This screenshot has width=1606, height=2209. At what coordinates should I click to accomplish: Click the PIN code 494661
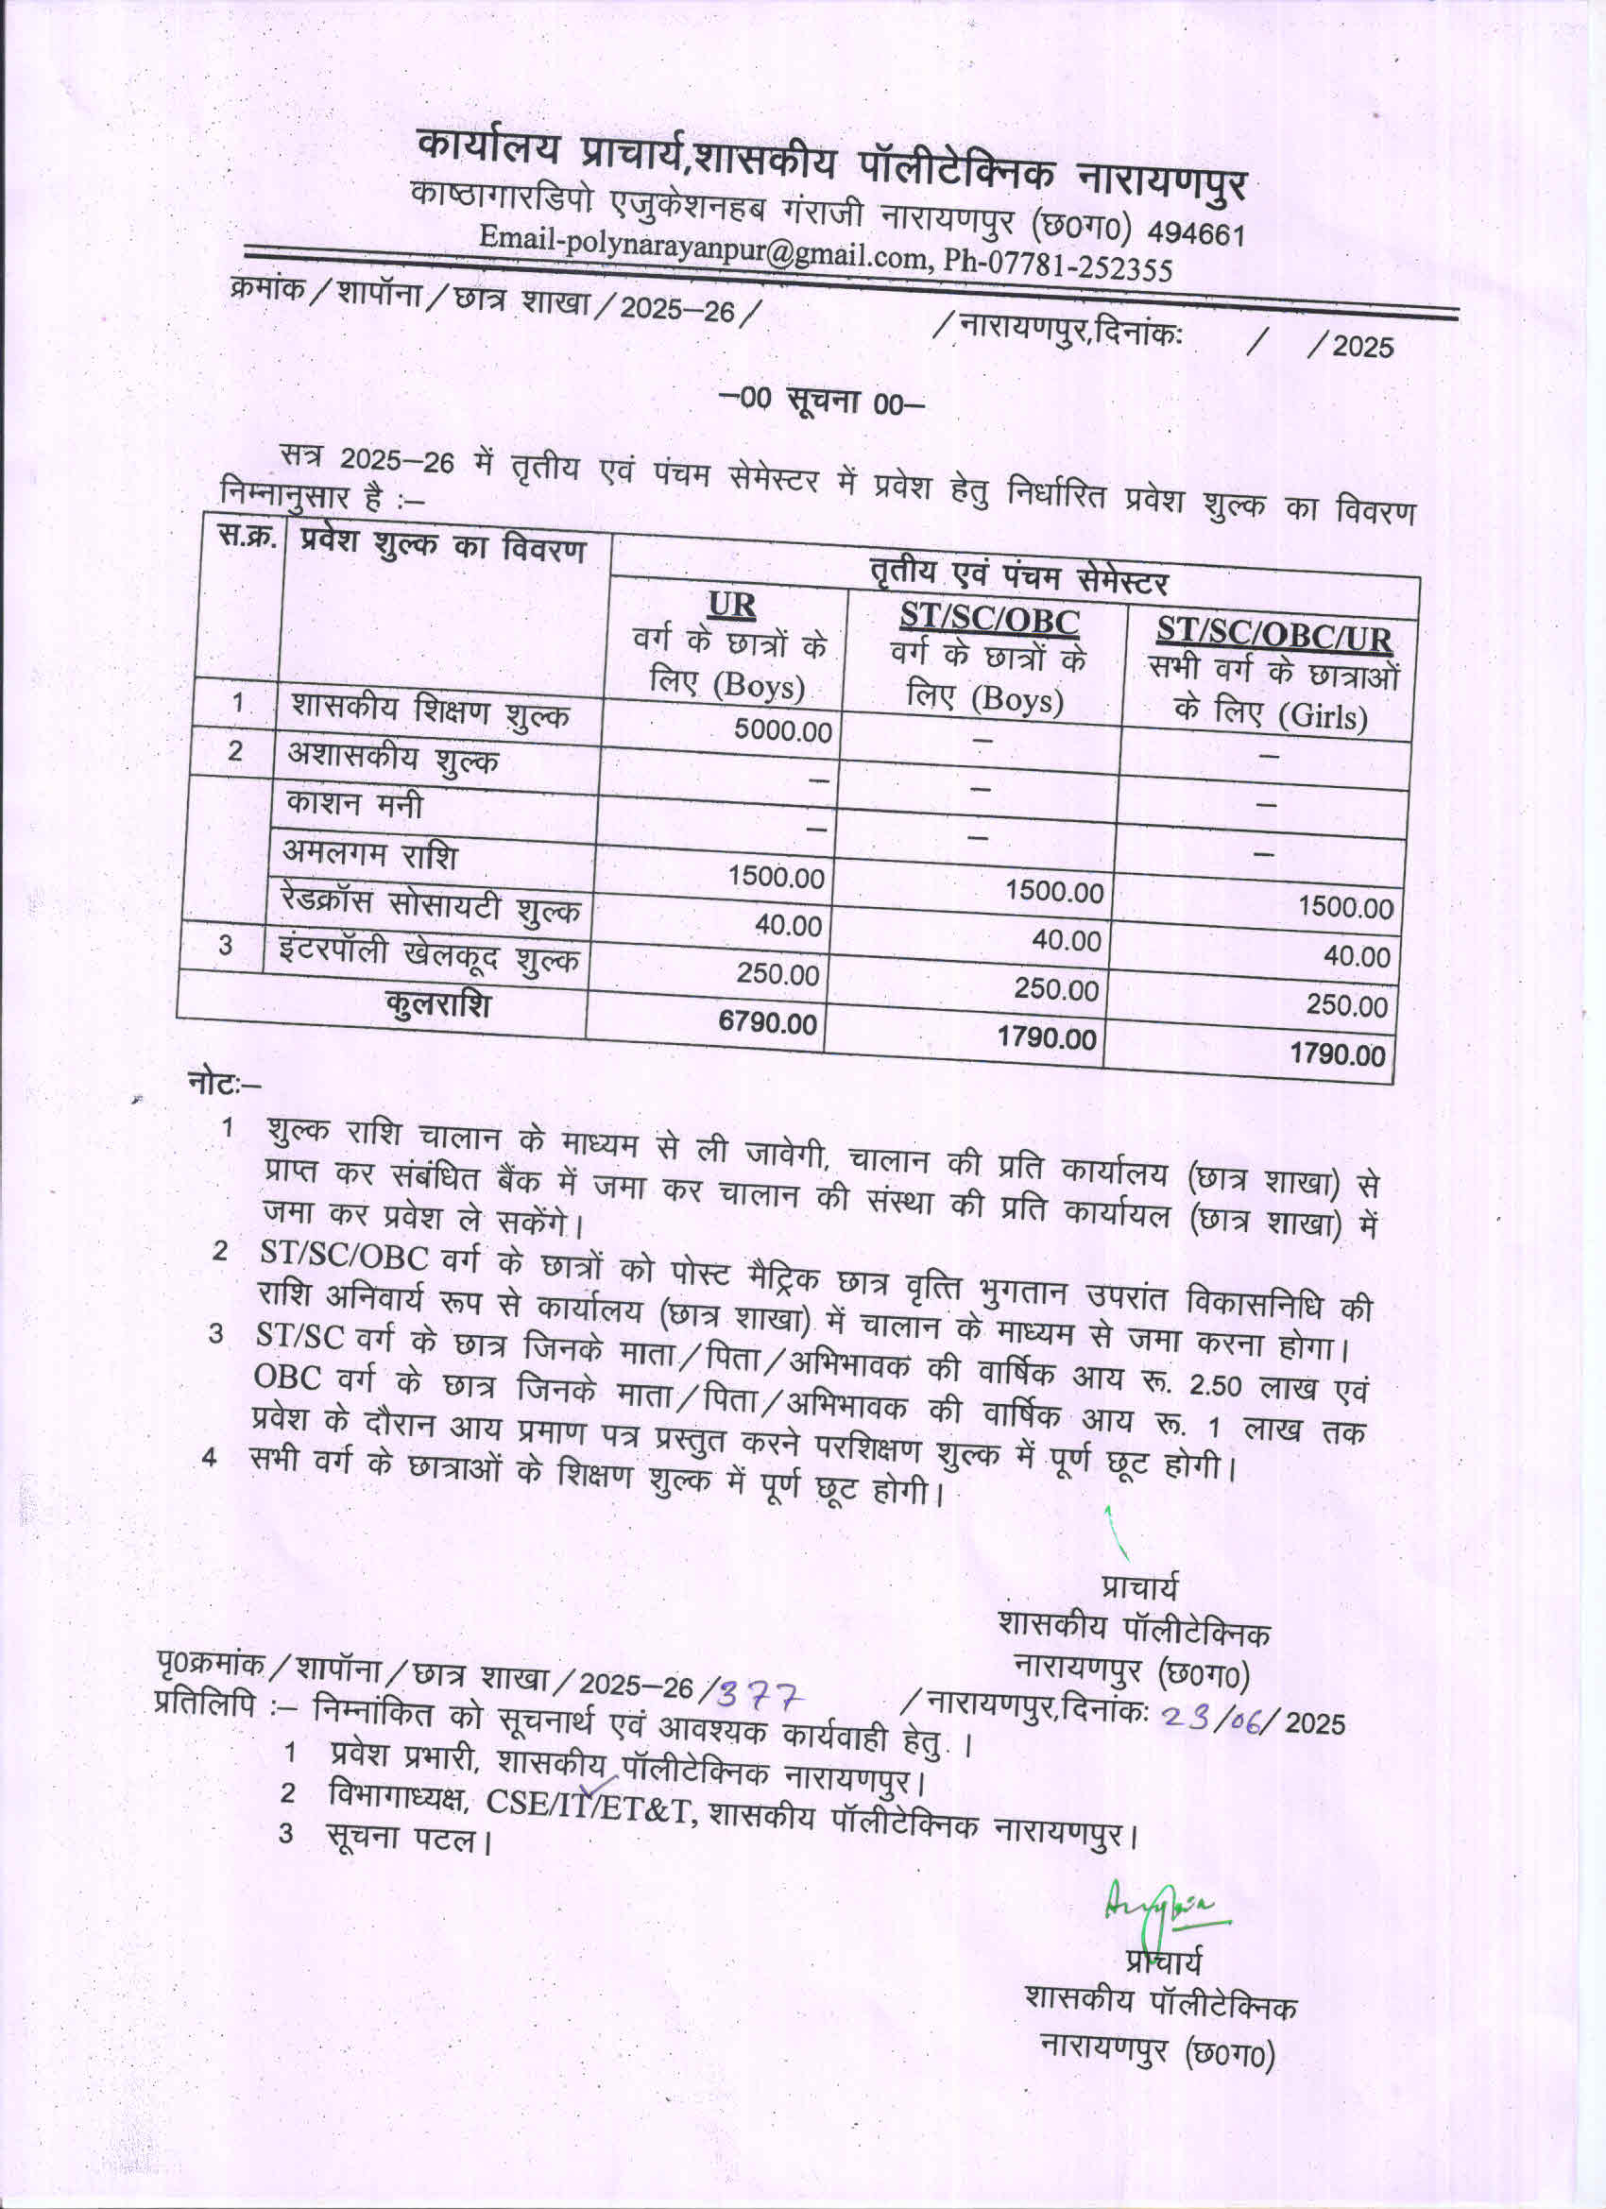click(x=1195, y=233)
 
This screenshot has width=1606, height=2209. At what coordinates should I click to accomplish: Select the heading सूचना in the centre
click(x=822, y=399)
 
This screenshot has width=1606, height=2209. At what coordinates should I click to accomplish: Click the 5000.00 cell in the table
click(x=783, y=730)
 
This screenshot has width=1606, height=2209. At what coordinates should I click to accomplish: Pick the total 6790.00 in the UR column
click(x=767, y=1021)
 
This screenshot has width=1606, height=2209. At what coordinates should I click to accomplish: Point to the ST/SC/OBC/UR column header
click(x=1273, y=636)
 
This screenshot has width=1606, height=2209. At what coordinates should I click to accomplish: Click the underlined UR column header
click(x=731, y=606)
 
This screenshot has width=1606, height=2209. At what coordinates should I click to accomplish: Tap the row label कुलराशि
click(x=437, y=1002)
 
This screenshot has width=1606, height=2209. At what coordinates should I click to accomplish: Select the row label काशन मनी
click(x=354, y=804)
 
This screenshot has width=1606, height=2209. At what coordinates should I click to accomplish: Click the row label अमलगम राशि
click(x=370, y=854)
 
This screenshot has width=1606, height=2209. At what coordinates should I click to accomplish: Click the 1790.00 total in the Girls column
click(x=1336, y=1053)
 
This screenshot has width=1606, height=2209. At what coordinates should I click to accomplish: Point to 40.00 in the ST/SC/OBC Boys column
click(x=1066, y=940)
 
